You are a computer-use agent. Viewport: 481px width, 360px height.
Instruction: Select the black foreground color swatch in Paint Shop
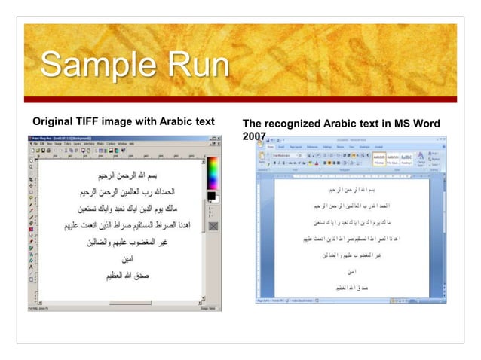[x=211, y=197]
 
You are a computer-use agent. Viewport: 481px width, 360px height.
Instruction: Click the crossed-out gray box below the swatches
[x=213, y=224]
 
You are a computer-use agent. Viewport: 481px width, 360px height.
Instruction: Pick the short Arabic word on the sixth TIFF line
[x=118, y=258]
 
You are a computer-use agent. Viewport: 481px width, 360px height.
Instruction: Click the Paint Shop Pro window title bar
[x=113, y=139]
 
